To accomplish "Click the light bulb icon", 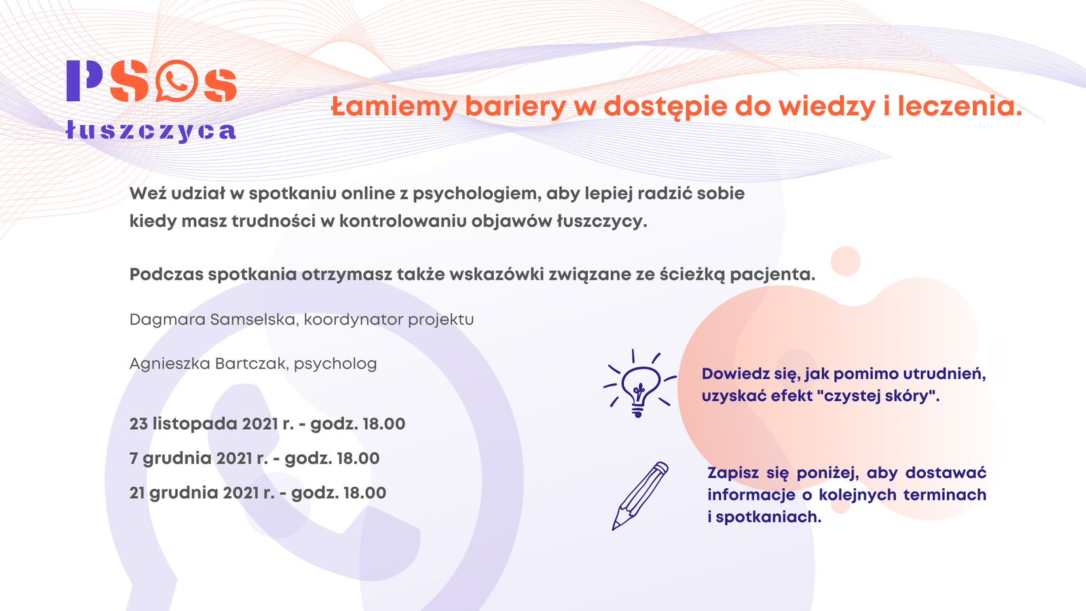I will [638, 384].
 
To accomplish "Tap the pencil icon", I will [639, 496].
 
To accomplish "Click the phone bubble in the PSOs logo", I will [176, 81].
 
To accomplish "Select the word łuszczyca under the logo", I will [151, 130].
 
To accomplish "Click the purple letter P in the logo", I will [83, 81].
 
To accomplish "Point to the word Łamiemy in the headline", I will [394, 107].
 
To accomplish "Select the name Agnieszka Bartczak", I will [207, 364].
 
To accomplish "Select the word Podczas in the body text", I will [166, 274].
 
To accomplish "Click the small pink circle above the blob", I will [846, 261].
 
